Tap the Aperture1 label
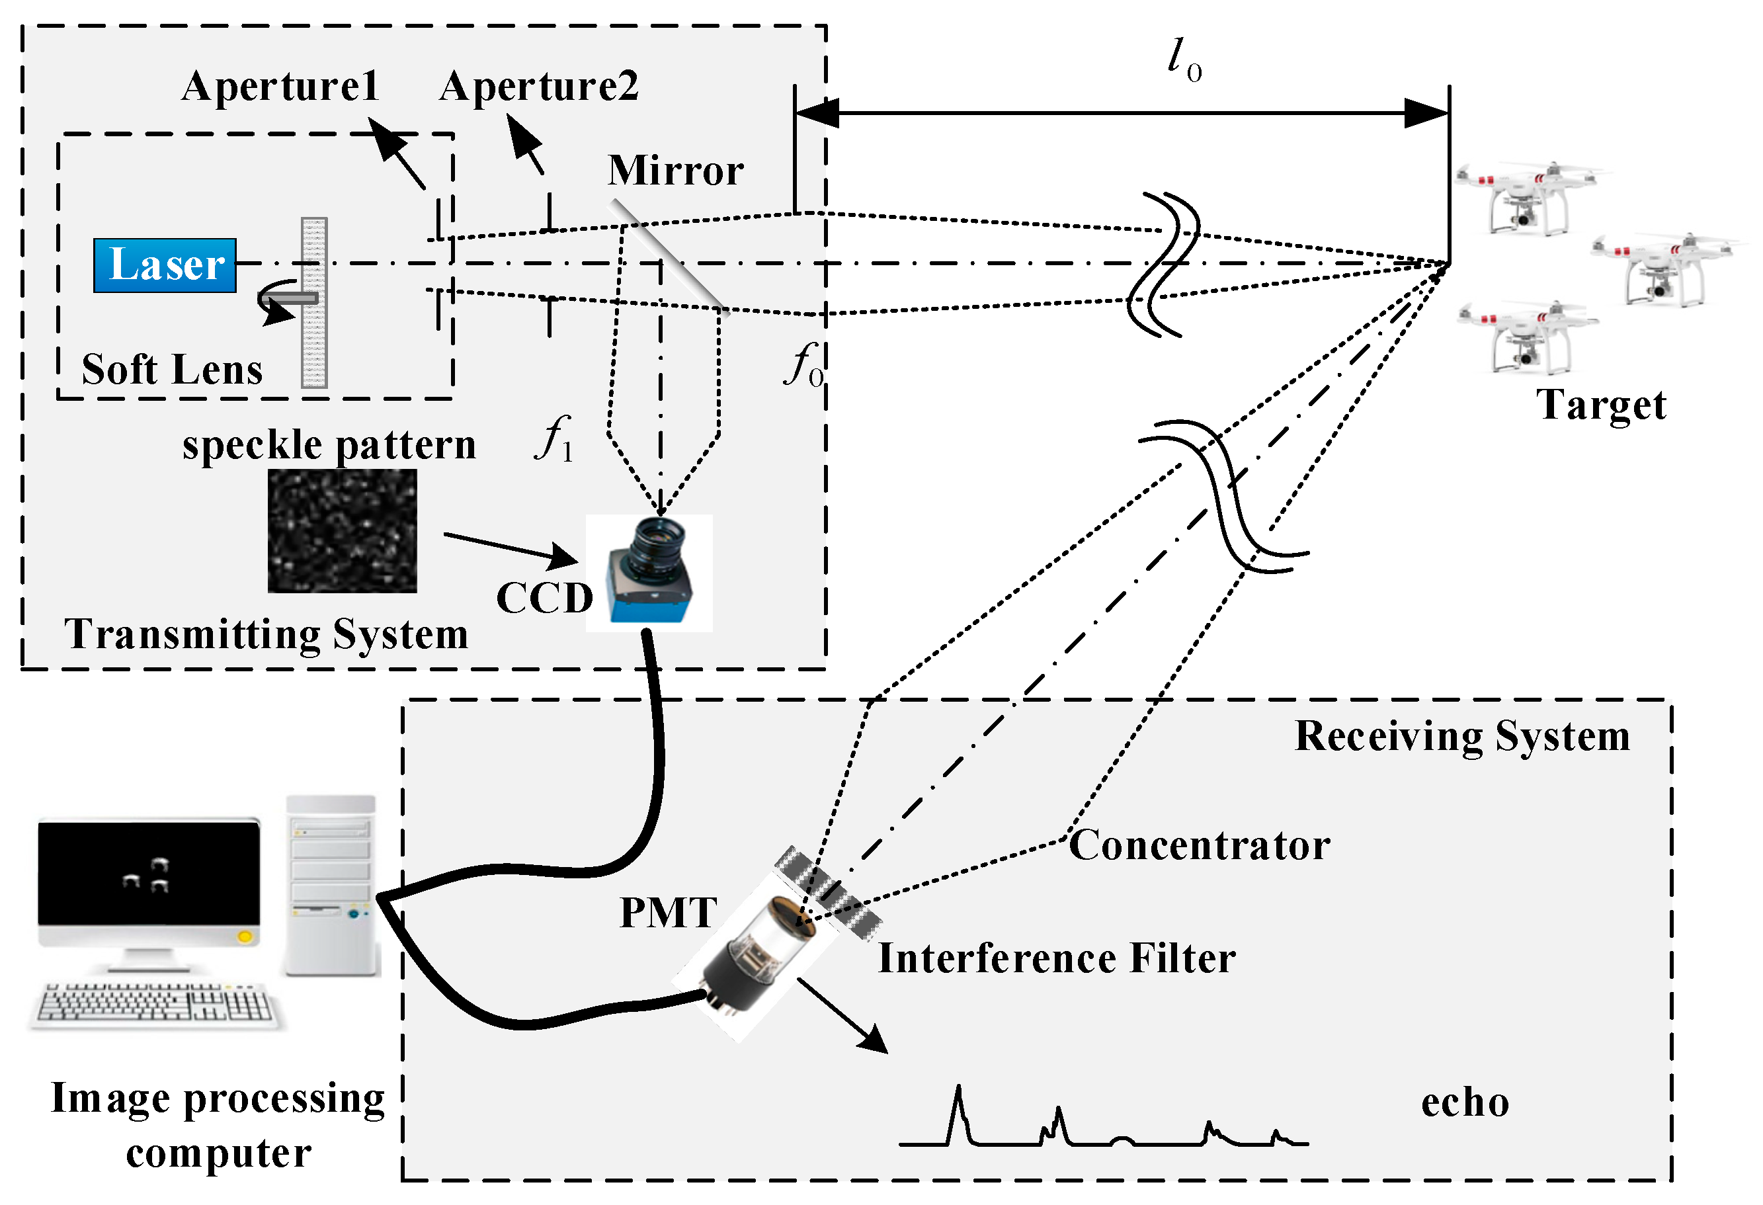click(x=280, y=87)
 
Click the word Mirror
click(x=675, y=171)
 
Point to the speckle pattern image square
click(x=342, y=530)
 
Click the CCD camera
click(x=650, y=573)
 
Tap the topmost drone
click(x=1525, y=199)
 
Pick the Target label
click(x=1601, y=405)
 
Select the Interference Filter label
click(x=1056, y=958)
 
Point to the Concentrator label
click(x=1199, y=845)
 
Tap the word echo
click(x=1464, y=1102)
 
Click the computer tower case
click(x=331, y=885)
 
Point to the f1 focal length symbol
click(x=555, y=440)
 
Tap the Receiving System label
click(x=1462, y=736)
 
